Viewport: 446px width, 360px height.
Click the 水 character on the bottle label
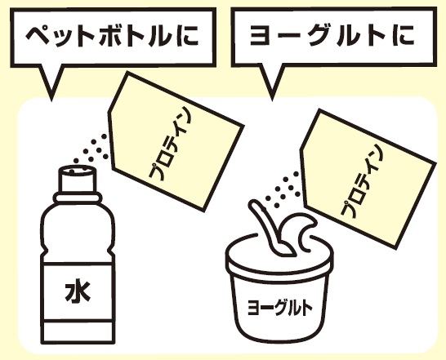[x=78, y=292]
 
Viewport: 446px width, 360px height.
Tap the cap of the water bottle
[x=78, y=179]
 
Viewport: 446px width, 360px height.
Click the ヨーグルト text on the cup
[x=279, y=308]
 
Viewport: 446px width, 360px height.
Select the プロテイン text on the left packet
[x=170, y=144]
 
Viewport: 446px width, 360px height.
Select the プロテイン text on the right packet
[x=362, y=181]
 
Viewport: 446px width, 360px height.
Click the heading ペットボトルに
[x=113, y=38]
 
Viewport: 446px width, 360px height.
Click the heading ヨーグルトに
[x=332, y=36]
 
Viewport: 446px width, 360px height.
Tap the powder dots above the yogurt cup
[x=283, y=189]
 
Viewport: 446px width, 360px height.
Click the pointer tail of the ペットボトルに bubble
[x=51, y=82]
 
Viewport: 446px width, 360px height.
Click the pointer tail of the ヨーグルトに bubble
[x=272, y=82]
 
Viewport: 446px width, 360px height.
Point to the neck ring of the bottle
[x=78, y=197]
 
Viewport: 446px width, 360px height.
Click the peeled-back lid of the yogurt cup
[x=298, y=230]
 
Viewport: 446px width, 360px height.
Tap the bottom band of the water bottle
[x=78, y=333]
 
